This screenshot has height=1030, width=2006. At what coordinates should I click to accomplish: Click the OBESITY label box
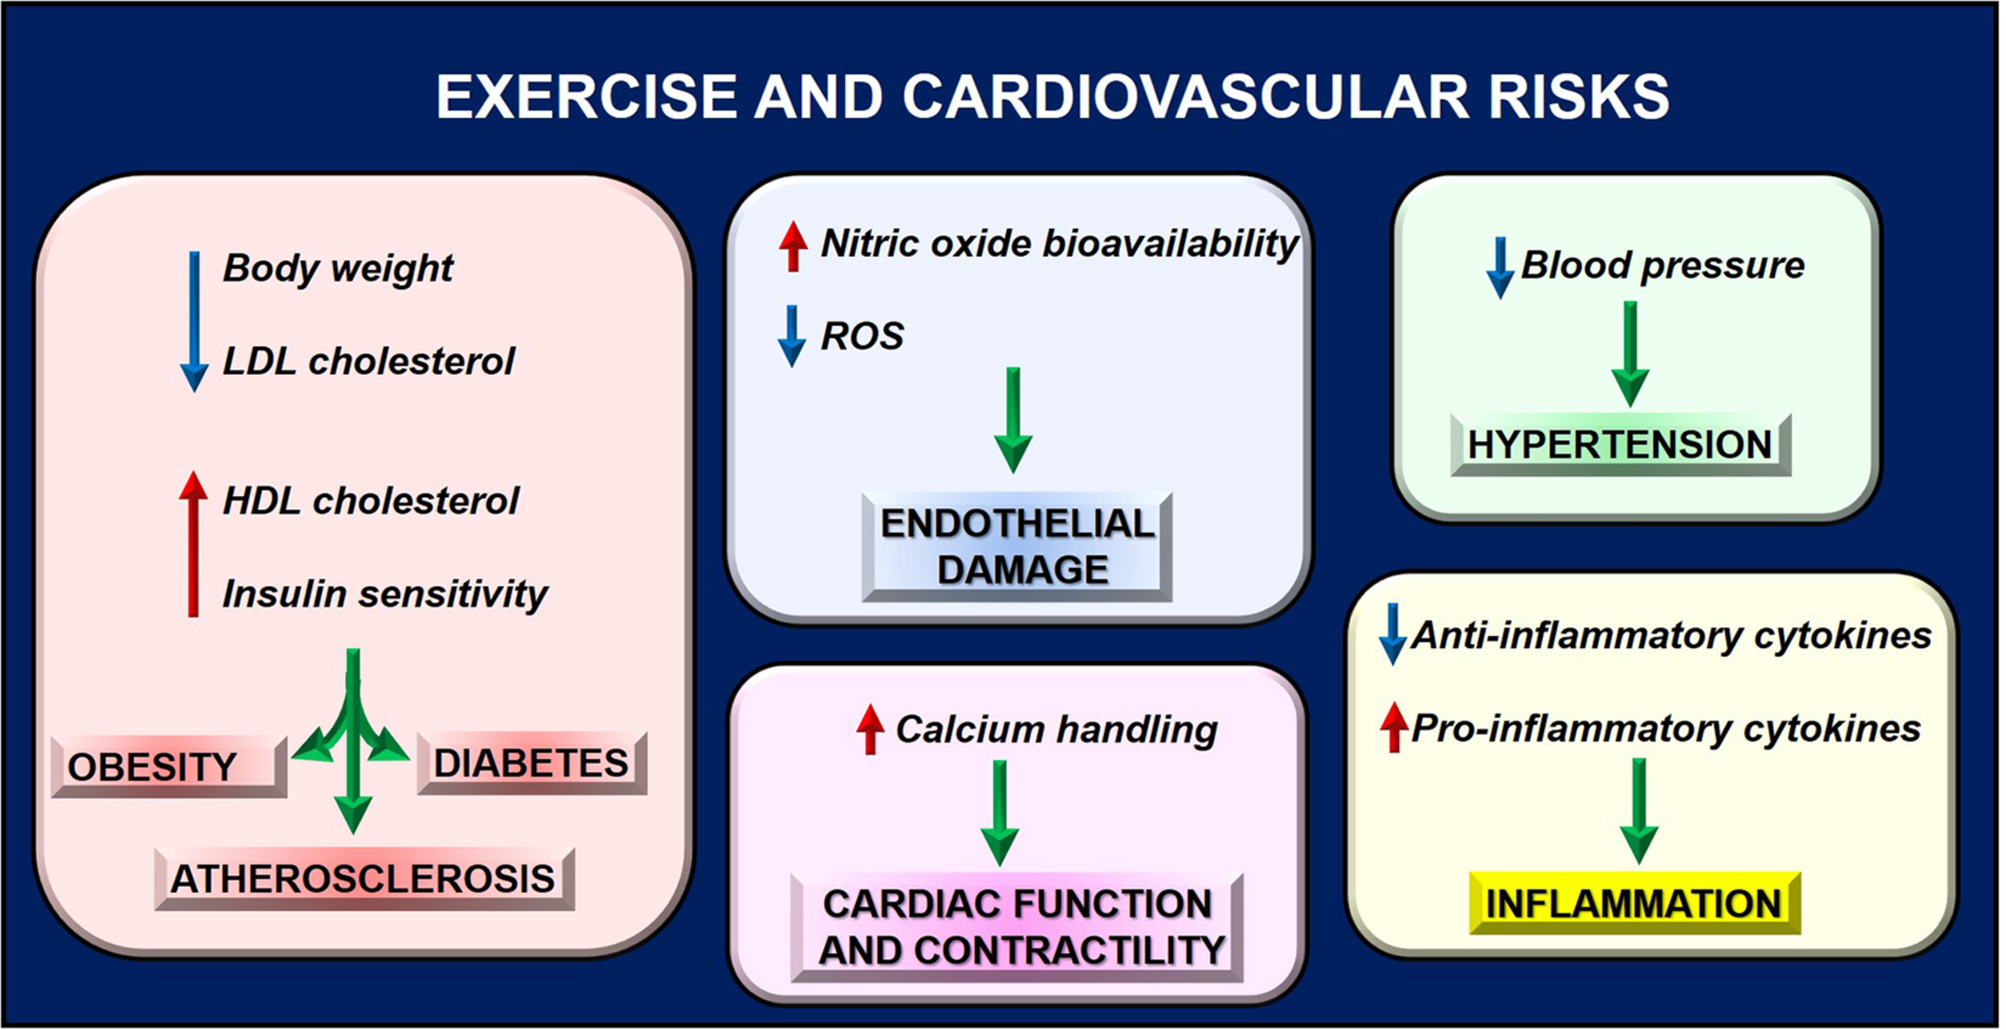click(169, 767)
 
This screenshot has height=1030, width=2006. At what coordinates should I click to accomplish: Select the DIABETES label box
click(531, 763)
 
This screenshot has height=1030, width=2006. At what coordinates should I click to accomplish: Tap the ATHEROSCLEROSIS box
click(363, 878)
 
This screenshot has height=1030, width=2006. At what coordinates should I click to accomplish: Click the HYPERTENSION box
click(1620, 445)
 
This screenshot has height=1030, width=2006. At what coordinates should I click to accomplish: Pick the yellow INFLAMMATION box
click(1634, 903)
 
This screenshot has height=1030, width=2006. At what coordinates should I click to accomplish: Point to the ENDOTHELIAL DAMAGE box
click(1017, 547)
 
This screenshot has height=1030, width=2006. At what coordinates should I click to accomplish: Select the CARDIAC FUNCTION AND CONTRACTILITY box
click(1017, 927)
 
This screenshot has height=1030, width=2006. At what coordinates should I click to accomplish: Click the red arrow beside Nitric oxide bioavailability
click(793, 246)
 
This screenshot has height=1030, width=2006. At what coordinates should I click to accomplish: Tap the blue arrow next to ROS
click(792, 336)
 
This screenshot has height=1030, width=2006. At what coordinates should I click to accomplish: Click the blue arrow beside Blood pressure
click(1500, 267)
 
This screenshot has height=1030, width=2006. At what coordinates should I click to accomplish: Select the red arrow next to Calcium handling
click(870, 730)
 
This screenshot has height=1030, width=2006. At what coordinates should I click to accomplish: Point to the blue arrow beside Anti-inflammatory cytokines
click(1393, 634)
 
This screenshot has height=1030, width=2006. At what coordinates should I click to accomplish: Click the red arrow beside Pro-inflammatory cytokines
click(1395, 727)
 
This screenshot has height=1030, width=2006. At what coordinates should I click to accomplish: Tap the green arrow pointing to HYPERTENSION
click(1630, 353)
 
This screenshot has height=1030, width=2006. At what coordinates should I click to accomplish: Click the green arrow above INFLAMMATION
click(1639, 811)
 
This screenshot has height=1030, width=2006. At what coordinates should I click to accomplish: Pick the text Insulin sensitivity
click(384, 595)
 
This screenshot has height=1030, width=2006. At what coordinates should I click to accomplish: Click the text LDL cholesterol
click(368, 361)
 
